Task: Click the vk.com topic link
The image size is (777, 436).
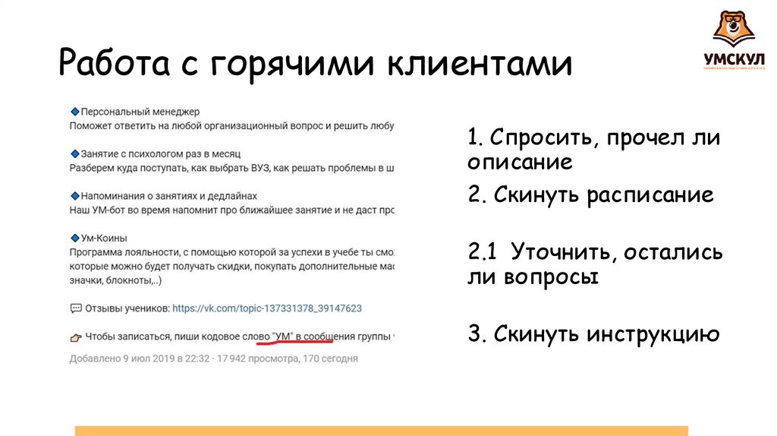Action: pos(267,308)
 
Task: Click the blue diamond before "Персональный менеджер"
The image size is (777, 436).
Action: pos(74,112)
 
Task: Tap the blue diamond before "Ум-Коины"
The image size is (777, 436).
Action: pos(74,238)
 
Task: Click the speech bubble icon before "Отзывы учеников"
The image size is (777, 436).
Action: pos(75,308)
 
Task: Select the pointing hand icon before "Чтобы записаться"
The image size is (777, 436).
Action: pos(75,336)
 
